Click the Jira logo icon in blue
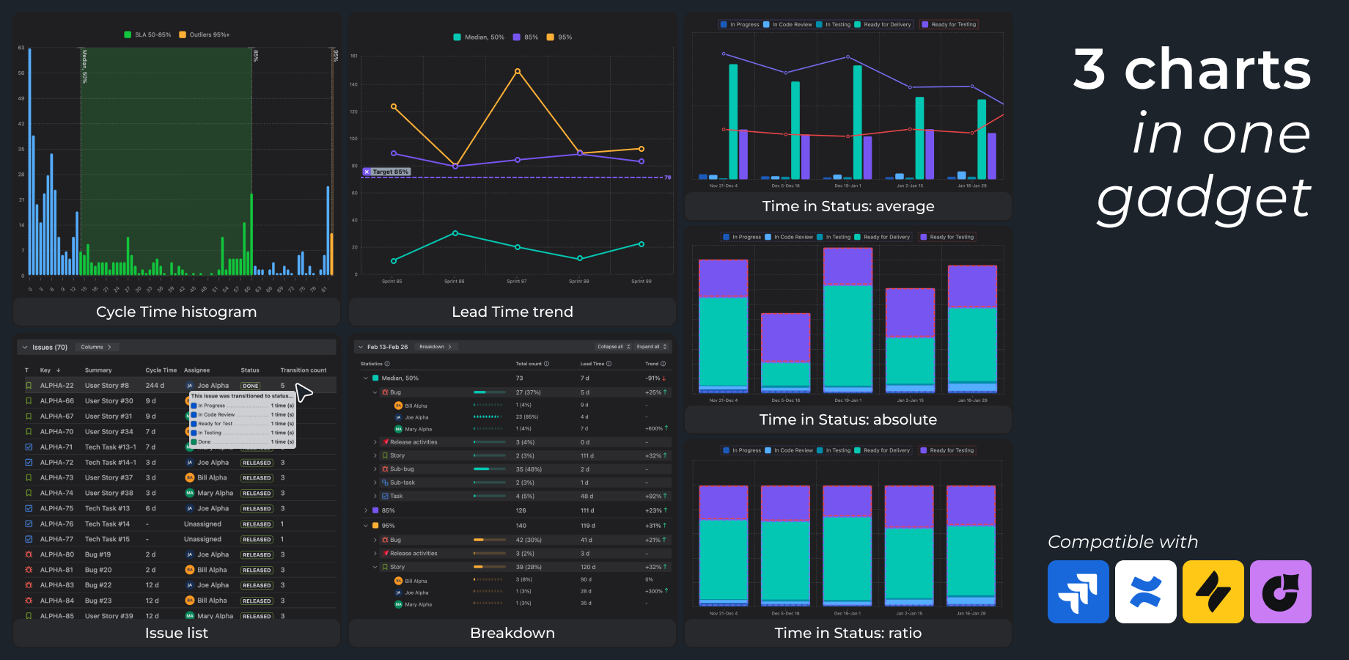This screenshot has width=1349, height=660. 1078,592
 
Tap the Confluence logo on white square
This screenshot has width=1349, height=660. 1145,592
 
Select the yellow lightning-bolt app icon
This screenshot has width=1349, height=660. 1213,592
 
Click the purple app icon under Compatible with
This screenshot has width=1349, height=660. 1280,592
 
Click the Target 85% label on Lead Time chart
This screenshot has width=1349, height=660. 387,172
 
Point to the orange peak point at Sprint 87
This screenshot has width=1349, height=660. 518,71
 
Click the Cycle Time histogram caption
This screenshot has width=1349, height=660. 177,312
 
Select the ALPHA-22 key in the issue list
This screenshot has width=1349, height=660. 56,386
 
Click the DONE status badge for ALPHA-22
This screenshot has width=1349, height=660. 251,386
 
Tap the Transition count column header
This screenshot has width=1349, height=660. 304,370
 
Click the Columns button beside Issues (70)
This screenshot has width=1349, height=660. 96,347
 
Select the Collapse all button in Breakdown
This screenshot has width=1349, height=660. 613,347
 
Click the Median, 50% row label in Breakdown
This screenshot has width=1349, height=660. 400,378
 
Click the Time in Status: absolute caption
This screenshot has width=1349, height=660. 848,419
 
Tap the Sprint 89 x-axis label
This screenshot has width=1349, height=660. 641,282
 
